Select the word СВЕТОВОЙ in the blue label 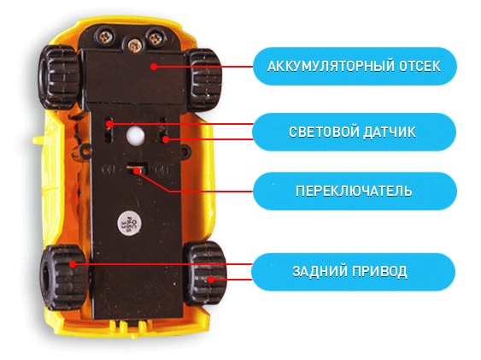(x=324, y=132)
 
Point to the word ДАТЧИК (x=390, y=132)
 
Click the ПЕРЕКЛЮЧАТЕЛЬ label (x=354, y=191)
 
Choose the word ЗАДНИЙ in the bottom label (x=320, y=271)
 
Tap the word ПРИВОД (x=379, y=271)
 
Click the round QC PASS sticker (x=130, y=221)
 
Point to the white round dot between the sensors (x=134, y=134)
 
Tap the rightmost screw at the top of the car (x=155, y=38)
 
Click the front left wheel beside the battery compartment (x=60, y=77)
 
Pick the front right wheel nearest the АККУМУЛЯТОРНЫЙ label (x=203, y=79)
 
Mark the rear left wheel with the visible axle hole (x=63, y=276)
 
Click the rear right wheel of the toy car (x=205, y=273)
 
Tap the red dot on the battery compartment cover (x=155, y=67)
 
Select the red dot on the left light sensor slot (x=110, y=124)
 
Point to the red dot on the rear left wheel (x=73, y=264)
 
